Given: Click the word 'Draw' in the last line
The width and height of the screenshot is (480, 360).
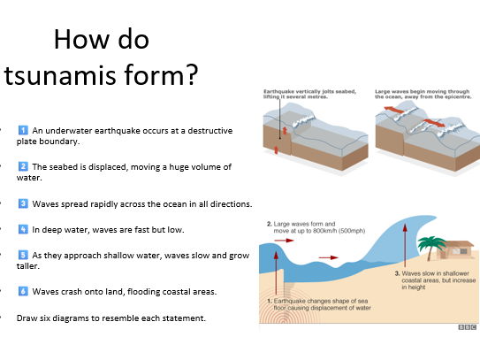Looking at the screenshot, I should click(28, 318).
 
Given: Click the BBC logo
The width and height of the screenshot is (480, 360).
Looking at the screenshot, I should click(467, 327).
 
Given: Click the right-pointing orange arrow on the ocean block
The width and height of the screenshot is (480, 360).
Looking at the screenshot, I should click(433, 121).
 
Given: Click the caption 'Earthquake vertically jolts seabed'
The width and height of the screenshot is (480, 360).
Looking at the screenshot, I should click(306, 92).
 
